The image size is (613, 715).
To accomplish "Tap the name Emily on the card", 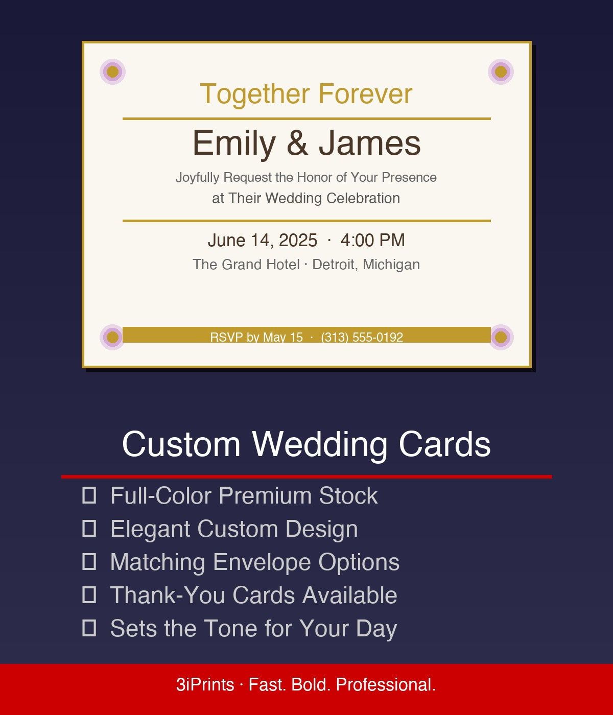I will click(234, 143).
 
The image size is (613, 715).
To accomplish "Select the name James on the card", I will click(370, 143).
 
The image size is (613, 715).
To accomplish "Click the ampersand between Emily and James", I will click(297, 143).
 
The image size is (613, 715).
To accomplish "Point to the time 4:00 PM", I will click(372, 240).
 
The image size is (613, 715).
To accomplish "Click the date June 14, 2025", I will click(262, 240).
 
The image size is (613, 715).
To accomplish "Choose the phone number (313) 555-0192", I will click(362, 337).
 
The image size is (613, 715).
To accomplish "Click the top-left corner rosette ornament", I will click(112, 71).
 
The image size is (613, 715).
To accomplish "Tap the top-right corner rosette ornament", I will click(501, 71).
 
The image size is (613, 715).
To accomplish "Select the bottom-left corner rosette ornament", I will click(112, 337).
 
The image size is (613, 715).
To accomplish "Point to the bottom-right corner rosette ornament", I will click(501, 337).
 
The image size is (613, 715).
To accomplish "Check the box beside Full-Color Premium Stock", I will click(89, 495).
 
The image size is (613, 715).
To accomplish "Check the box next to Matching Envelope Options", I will click(89, 562).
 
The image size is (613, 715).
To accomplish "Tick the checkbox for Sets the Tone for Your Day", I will click(89, 628).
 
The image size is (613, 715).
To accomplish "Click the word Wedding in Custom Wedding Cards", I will click(320, 444).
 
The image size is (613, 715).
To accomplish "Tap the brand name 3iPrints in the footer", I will click(205, 684).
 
